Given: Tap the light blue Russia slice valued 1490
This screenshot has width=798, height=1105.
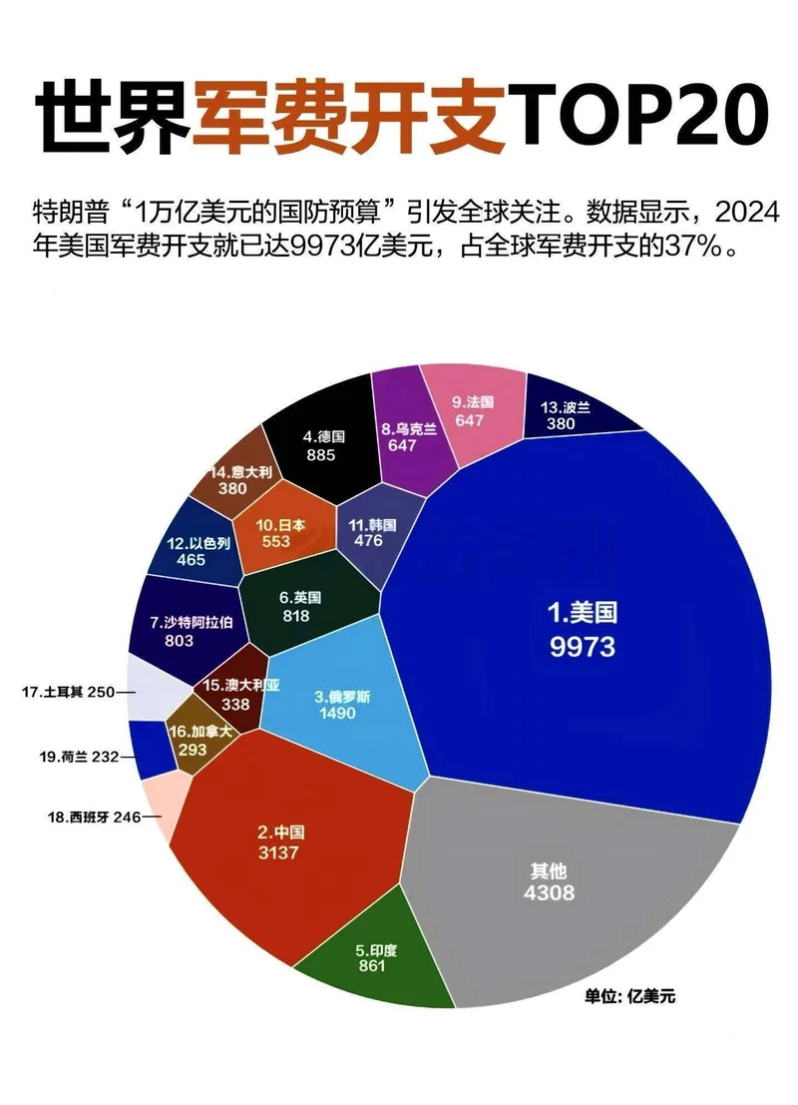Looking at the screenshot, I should pyautogui.click(x=339, y=699).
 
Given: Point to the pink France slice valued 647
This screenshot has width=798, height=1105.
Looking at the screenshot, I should pyautogui.click(x=472, y=409).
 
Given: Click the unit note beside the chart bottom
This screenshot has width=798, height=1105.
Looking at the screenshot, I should pyautogui.click(x=629, y=996).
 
